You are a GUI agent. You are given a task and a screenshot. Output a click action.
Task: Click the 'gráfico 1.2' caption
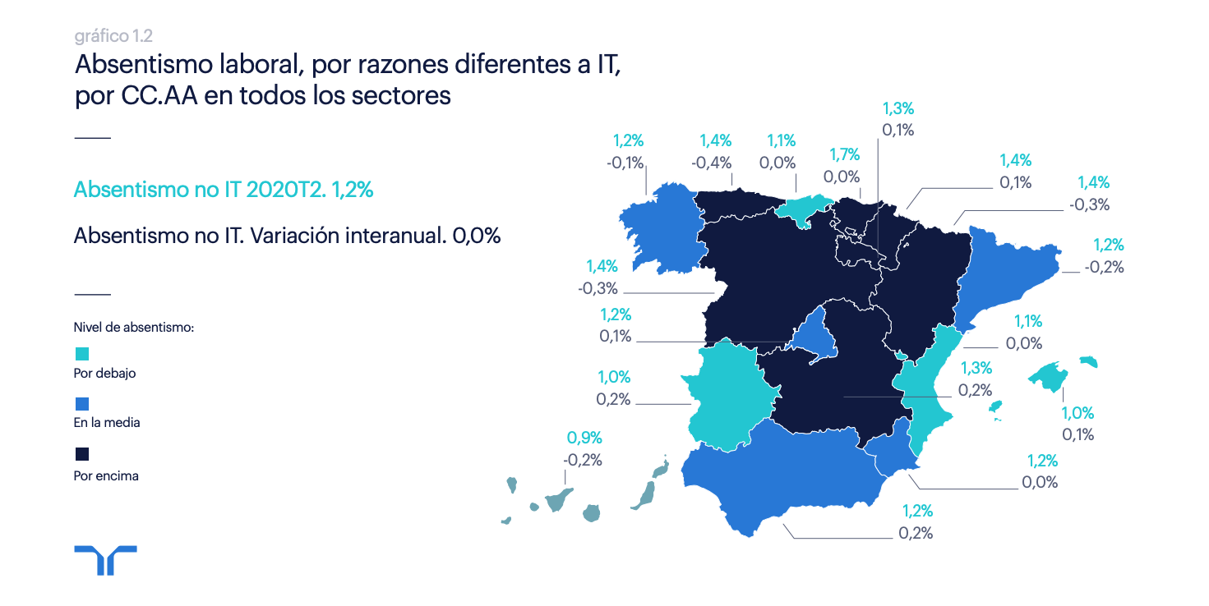(x=113, y=36)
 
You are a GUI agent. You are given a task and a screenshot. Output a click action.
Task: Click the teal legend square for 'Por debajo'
(x=81, y=354)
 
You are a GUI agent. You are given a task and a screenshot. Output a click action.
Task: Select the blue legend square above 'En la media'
(x=81, y=404)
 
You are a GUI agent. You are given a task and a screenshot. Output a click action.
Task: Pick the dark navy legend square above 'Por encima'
(x=81, y=454)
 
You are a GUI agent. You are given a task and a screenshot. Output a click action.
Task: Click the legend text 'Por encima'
(x=106, y=475)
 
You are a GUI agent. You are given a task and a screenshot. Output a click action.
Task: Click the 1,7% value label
(x=844, y=154)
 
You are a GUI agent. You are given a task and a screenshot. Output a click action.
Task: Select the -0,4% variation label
(x=712, y=163)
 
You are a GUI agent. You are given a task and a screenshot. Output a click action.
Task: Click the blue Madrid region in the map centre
(x=812, y=337)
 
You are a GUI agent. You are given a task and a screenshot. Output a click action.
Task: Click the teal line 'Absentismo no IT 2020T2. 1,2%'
(x=224, y=190)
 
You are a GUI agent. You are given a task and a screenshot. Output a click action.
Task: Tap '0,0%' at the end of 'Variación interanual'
(x=476, y=236)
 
